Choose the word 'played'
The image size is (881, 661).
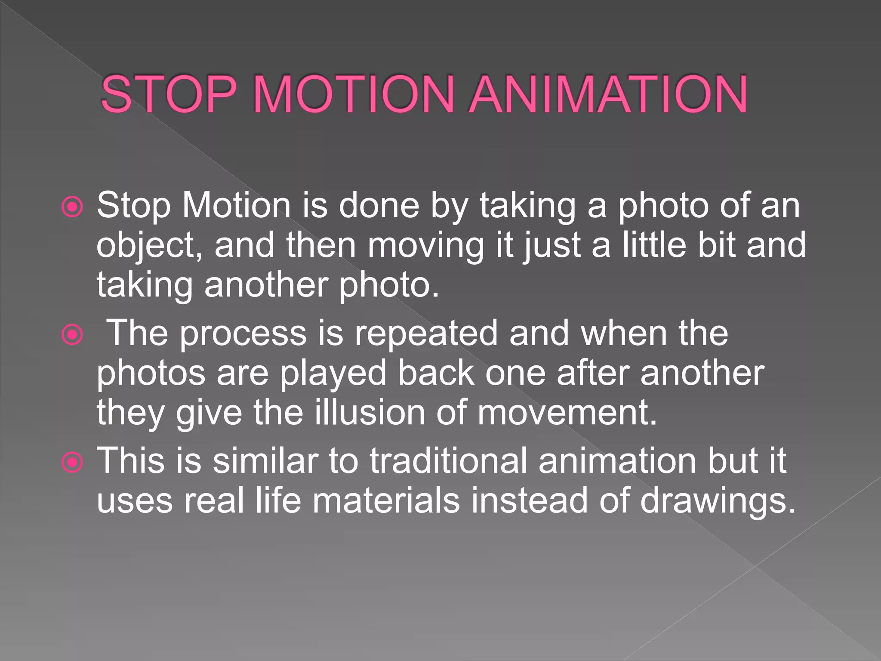click(x=333, y=374)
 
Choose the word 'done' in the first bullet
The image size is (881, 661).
click(x=379, y=205)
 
